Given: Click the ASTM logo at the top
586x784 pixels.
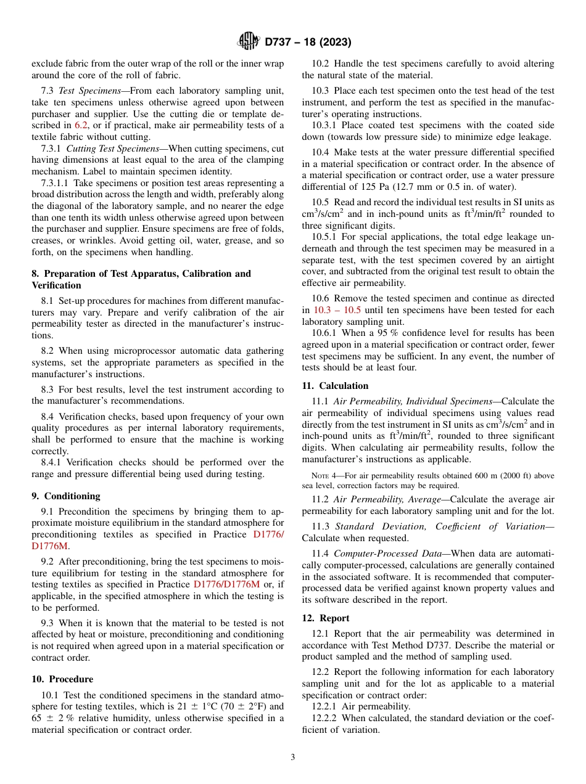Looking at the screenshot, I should [249, 42].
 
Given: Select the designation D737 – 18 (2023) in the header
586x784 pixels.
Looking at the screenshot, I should [308, 43].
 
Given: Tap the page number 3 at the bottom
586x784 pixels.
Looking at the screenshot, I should [293, 757].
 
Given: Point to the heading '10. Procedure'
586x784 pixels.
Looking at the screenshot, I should [62, 679].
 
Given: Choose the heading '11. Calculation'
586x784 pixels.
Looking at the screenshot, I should [335, 386].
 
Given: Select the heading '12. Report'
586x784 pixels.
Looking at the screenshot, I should [326, 618].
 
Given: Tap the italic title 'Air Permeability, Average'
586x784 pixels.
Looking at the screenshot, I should [382, 499].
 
